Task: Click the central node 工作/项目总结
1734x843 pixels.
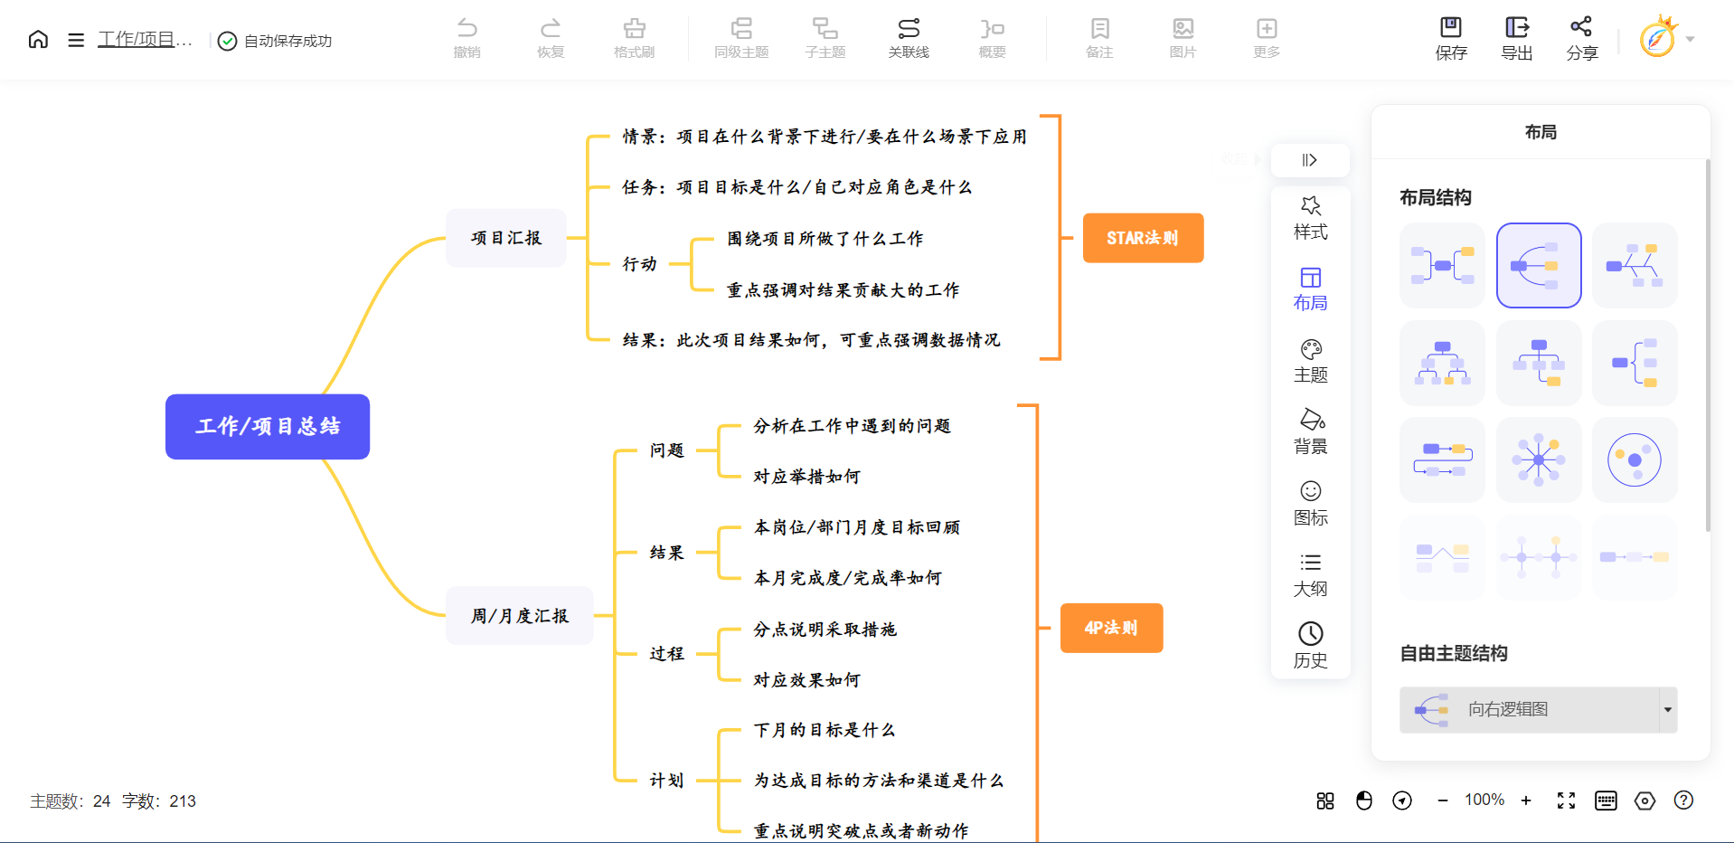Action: coord(268,427)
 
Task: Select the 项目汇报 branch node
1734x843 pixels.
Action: coord(506,238)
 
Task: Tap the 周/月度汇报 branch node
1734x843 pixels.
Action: coord(520,616)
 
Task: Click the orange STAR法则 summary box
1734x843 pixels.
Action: coord(1143,238)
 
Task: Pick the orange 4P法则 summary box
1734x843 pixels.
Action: coord(1111,628)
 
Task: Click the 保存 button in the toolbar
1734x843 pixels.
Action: coord(1451,39)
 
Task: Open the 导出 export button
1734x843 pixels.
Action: coord(1517,39)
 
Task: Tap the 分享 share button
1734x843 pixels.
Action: coord(1582,39)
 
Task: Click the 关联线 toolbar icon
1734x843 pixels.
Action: coord(909,39)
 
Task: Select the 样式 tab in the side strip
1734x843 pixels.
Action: coord(1311,218)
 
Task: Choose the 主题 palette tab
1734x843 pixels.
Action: coord(1311,361)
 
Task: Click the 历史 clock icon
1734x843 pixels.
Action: coord(1311,645)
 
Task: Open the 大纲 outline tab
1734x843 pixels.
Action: coord(1311,574)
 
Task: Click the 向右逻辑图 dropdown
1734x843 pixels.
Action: coord(1538,710)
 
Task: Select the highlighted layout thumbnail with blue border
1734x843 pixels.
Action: coord(1539,266)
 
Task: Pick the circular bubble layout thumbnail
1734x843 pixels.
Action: coord(1635,460)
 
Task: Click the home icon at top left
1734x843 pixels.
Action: coord(38,40)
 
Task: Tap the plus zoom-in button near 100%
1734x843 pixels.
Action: coord(1526,800)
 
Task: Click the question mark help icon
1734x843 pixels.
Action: coord(1683,800)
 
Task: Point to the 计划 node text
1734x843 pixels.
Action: coord(666,781)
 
